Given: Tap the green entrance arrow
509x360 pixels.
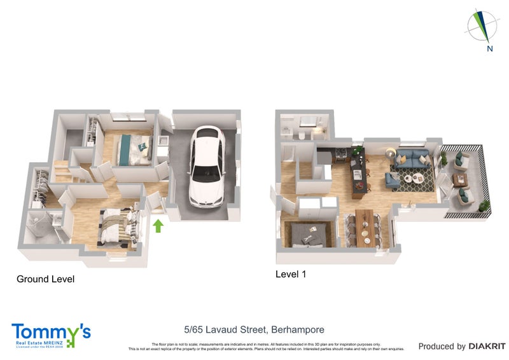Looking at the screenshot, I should pyautogui.click(x=158, y=225).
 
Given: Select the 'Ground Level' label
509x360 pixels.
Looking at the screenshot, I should pyautogui.click(x=45, y=279).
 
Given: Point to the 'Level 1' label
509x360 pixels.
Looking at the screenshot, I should pyautogui.click(x=291, y=274).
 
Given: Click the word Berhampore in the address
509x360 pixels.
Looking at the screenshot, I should pyautogui.click(x=298, y=329).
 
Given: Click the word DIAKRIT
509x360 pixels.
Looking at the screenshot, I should pyautogui.click(x=487, y=346).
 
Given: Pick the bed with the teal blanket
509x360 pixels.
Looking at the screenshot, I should pyautogui.click(x=136, y=149).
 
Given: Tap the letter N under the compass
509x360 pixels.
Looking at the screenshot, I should pyautogui.click(x=489, y=48).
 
